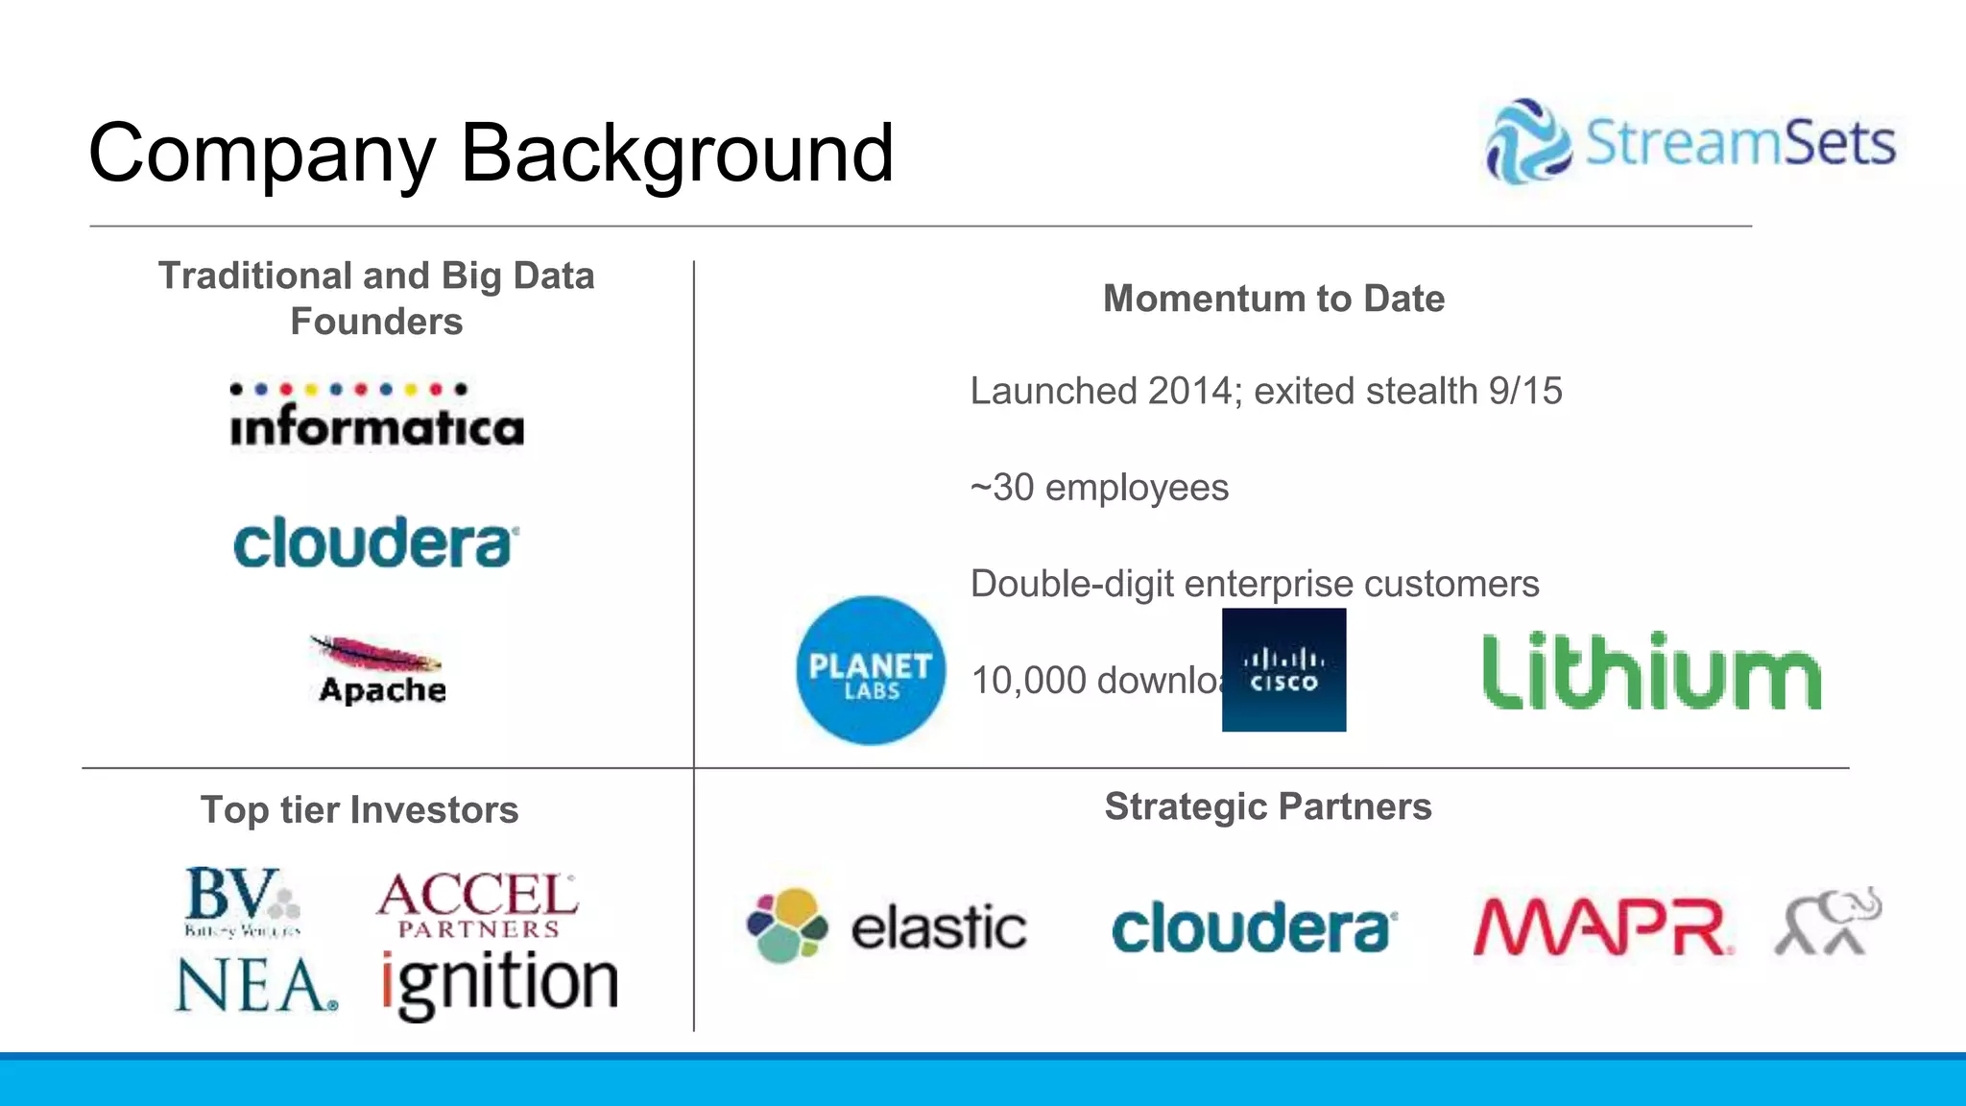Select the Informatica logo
(377, 418)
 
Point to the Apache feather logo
(378, 670)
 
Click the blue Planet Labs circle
(871, 670)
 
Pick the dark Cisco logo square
(1283, 670)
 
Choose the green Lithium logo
(1651, 671)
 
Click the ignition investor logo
(499, 985)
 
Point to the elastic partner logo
(886, 926)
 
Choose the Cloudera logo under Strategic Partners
(1254, 927)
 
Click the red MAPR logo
(1603, 927)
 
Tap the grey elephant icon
(1828, 922)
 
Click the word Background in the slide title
(677, 154)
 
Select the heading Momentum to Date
(1273, 299)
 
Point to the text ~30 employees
(1099, 488)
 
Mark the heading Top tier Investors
(359, 810)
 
